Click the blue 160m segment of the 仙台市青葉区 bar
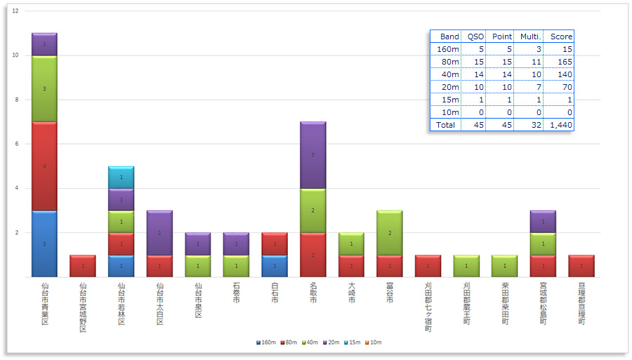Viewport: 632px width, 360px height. pyautogui.click(x=44, y=244)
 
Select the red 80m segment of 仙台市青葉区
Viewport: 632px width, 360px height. pyautogui.click(x=44, y=166)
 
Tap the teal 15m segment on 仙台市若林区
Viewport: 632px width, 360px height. pyautogui.click(x=121, y=178)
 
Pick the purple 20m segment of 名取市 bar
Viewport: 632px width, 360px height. pyautogui.click(x=313, y=155)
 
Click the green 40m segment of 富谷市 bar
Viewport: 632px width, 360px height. pyautogui.click(x=390, y=232)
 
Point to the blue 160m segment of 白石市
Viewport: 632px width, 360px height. pyautogui.click(x=275, y=266)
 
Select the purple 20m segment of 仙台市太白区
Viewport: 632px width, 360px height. pyautogui.click(x=159, y=232)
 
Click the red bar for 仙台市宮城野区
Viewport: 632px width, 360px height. pyautogui.click(x=83, y=266)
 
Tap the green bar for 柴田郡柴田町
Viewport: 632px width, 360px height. pyautogui.click(x=505, y=266)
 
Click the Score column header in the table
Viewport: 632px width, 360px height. pyautogui.click(x=561, y=36)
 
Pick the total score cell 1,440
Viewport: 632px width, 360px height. pyautogui.click(x=561, y=125)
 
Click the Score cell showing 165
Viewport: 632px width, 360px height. pyautogui.click(x=561, y=62)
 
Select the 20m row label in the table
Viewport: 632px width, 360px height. pyautogui.click(x=449, y=87)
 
